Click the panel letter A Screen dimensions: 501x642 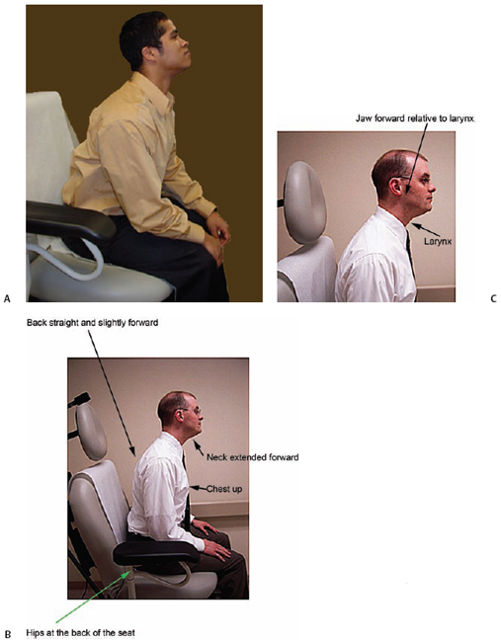click(7, 299)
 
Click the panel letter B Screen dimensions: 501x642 click(8, 634)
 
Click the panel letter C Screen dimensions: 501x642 click(493, 299)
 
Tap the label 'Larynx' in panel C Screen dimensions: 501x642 click(438, 242)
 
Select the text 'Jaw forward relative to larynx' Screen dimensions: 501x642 click(415, 119)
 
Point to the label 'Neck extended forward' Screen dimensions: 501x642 click(252, 457)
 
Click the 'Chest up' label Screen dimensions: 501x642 click(224, 489)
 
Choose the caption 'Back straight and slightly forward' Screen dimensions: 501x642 click(93, 323)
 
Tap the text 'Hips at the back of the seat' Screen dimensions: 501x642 click(80, 633)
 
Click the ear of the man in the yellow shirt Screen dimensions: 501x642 click(146, 54)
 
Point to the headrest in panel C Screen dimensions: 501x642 click(304, 202)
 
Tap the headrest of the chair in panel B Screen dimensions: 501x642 click(91, 433)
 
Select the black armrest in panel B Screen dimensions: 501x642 click(156, 553)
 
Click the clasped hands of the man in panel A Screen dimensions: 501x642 click(217, 235)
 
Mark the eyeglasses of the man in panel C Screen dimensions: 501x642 click(416, 181)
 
